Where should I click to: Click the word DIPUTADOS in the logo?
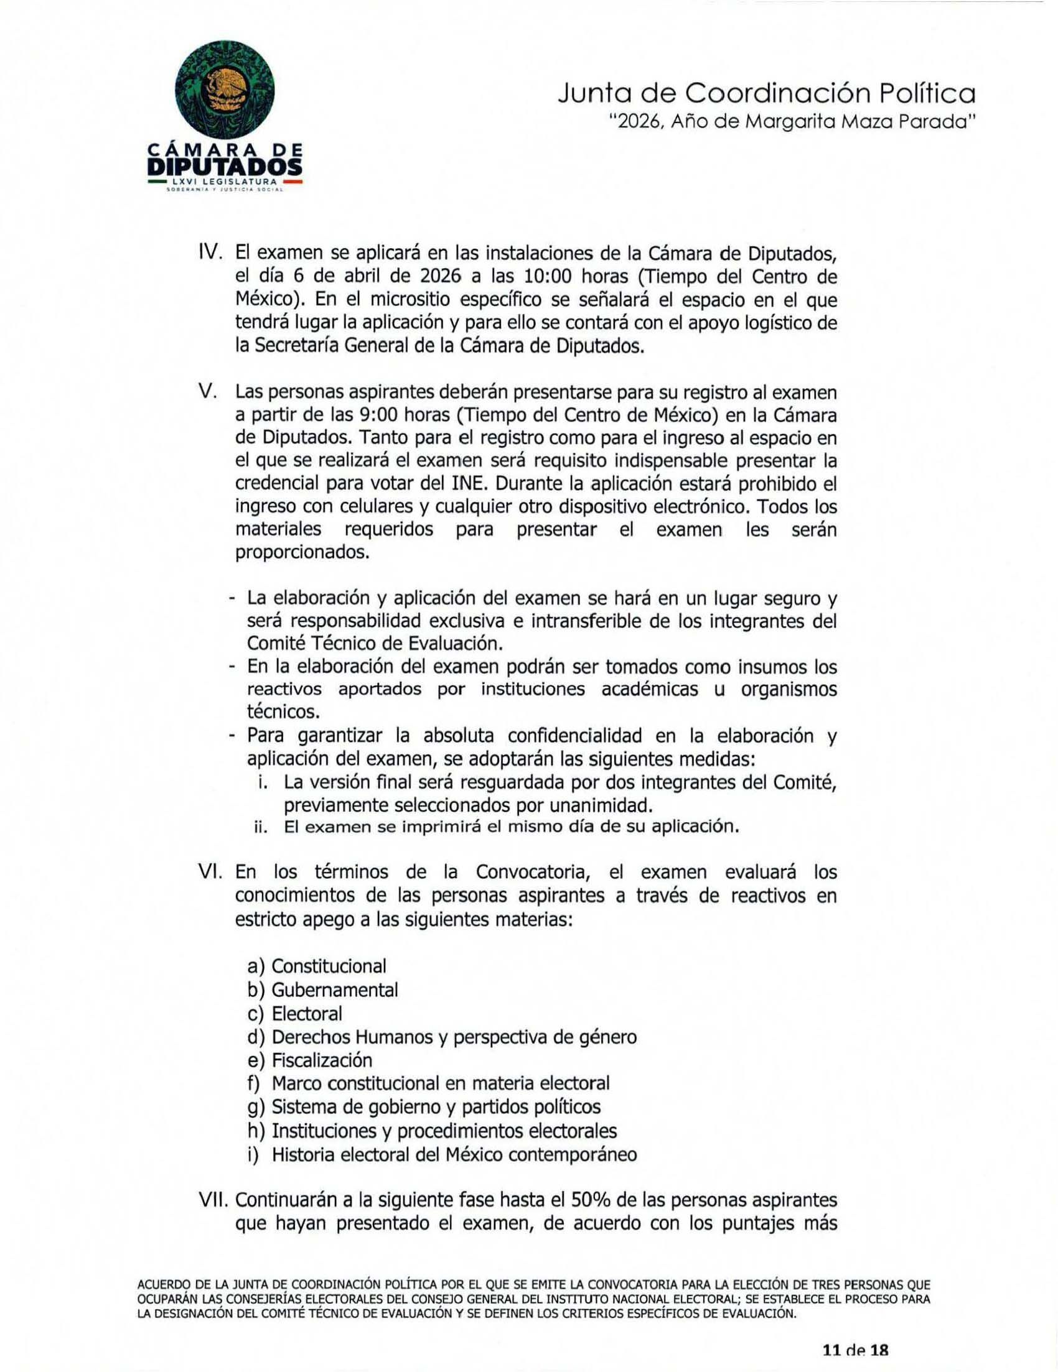tap(225, 167)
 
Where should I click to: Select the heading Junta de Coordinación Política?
tap(766, 95)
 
